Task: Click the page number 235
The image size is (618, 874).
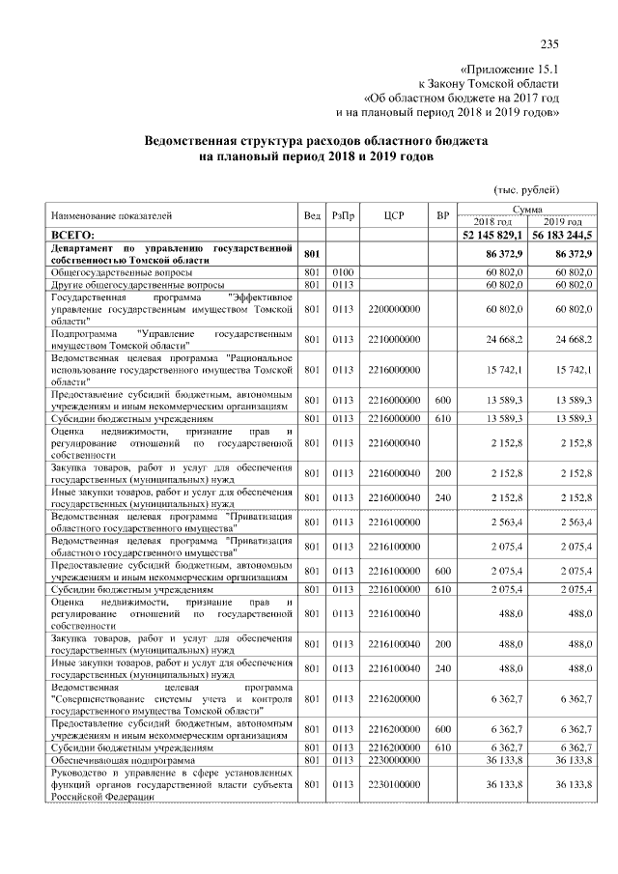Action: point(550,43)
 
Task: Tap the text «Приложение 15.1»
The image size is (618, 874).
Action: point(510,70)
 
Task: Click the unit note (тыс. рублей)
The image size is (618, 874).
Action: point(527,190)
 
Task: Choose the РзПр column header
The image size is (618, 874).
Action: point(343,216)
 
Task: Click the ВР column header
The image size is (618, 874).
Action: point(442,216)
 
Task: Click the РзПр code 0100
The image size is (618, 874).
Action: point(343,273)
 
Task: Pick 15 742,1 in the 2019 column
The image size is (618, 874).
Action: point(573,370)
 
